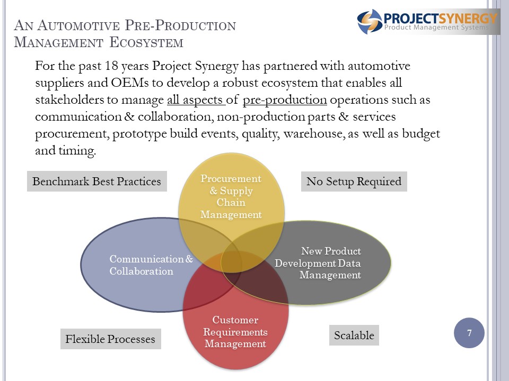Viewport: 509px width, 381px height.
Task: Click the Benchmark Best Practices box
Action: (96, 182)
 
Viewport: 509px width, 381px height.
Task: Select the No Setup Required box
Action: (354, 182)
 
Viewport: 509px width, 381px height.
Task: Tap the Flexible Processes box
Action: (111, 339)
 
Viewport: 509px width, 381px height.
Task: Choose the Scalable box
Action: (354, 335)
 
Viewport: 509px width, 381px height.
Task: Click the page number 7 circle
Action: (469, 333)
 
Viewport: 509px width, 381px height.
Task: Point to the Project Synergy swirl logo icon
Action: (370, 22)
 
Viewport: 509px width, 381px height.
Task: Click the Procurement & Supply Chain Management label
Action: (231, 197)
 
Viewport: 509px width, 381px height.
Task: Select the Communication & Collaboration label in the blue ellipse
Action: (151, 265)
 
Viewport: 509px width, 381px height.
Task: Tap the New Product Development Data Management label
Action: (318, 263)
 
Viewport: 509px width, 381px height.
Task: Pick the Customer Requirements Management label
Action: (235, 332)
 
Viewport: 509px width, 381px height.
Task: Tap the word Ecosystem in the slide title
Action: (146, 42)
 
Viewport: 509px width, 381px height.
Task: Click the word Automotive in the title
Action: (78, 25)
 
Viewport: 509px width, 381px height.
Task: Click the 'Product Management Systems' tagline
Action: (436, 27)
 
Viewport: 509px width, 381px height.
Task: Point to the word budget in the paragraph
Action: (421, 133)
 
